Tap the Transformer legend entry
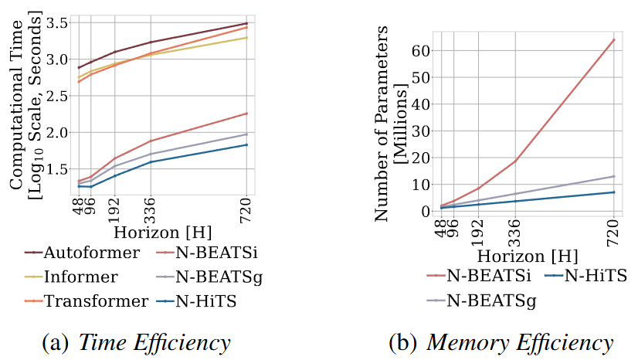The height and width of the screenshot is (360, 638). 86,301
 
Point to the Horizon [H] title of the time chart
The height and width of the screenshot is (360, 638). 162,232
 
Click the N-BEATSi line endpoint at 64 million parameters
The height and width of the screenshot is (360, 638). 614,39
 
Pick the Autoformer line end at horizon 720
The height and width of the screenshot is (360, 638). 246,23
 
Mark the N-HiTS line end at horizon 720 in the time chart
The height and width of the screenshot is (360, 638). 246,144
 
